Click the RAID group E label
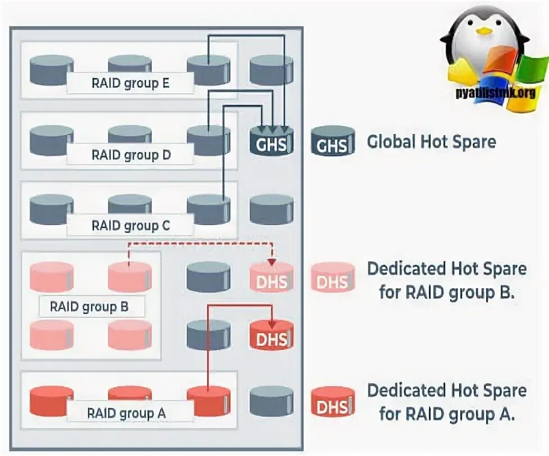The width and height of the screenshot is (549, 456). pyautogui.click(x=130, y=84)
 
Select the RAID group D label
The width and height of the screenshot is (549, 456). pyautogui.click(x=130, y=155)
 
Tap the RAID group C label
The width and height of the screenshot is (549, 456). pyautogui.click(x=130, y=226)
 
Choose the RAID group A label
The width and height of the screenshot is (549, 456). pyautogui.click(x=126, y=413)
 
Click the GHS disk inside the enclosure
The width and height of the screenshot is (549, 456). pyautogui.click(x=271, y=141)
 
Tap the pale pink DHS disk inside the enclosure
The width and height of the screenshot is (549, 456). pyautogui.click(x=271, y=278)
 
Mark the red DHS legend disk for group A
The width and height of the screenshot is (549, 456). pyautogui.click(x=332, y=402)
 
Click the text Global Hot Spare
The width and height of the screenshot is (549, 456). pyautogui.click(x=431, y=141)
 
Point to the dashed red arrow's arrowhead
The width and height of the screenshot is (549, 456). pyautogui.click(x=272, y=262)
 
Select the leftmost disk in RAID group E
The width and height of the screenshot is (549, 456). pyautogui.click(x=51, y=70)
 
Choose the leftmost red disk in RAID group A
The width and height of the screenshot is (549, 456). pyautogui.click(x=51, y=401)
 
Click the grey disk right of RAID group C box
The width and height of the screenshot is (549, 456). pyautogui.click(x=271, y=210)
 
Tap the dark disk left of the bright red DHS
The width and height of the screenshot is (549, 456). pyautogui.click(x=208, y=336)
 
